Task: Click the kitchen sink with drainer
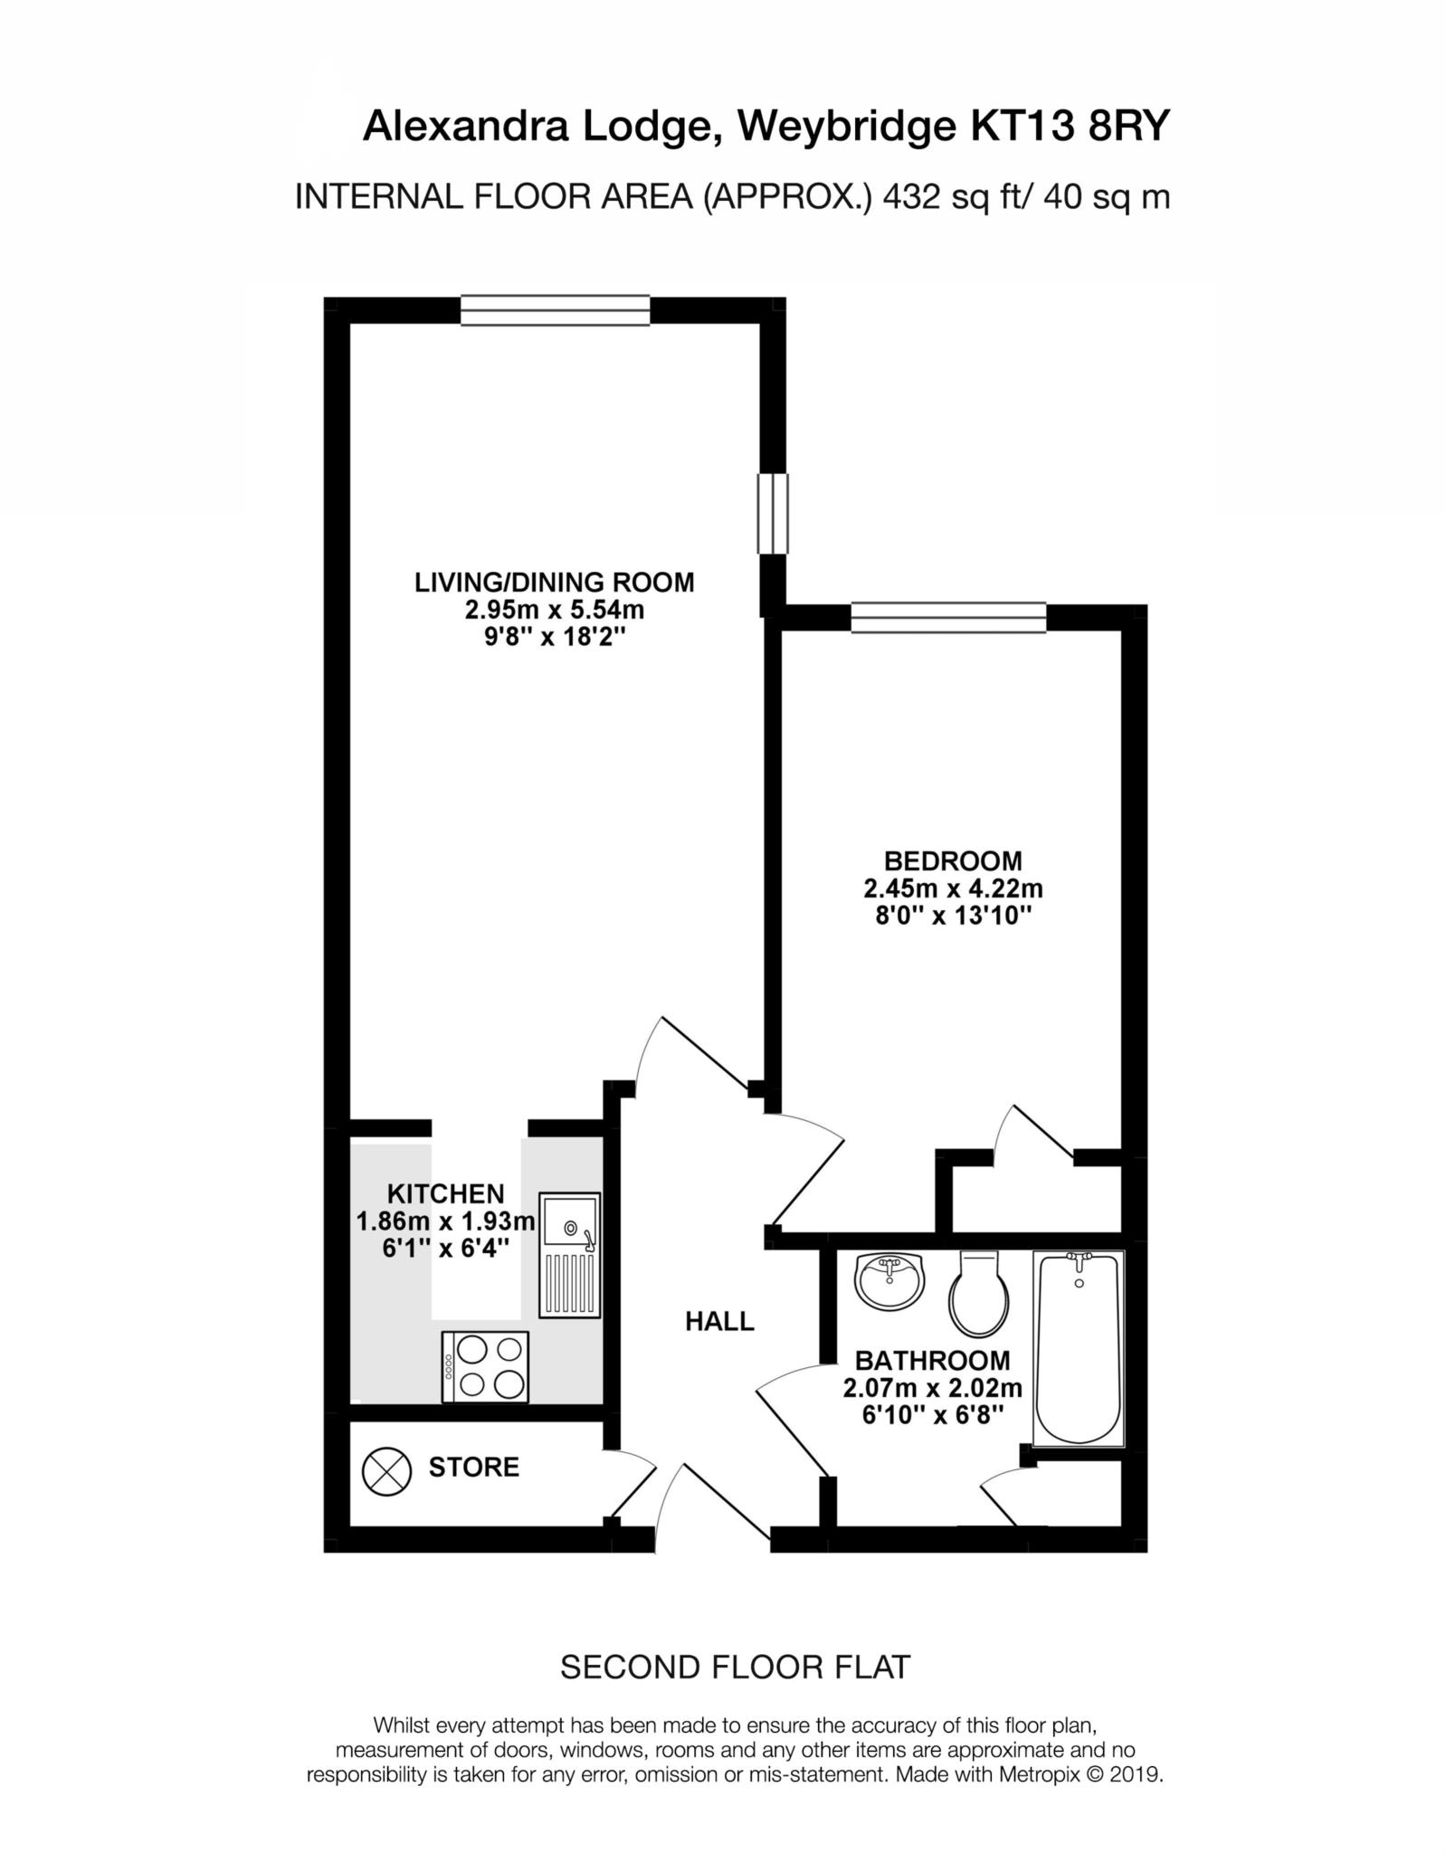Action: (x=569, y=1254)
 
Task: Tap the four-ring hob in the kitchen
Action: (x=485, y=1366)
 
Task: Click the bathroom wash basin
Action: (x=890, y=1281)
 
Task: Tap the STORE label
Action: (x=474, y=1467)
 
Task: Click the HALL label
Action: (x=719, y=1322)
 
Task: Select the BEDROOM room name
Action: (x=953, y=860)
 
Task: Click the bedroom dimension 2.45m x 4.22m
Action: (x=953, y=888)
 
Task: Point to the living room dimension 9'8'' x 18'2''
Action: (x=555, y=638)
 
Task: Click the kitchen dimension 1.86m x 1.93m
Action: (x=445, y=1222)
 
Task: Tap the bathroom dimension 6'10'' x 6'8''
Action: (x=932, y=1414)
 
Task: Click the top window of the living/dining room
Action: (x=555, y=309)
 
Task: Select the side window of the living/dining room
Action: (x=773, y=512)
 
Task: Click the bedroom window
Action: (x=948, y=617)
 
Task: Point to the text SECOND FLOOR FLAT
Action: (x=735, y=1667)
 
